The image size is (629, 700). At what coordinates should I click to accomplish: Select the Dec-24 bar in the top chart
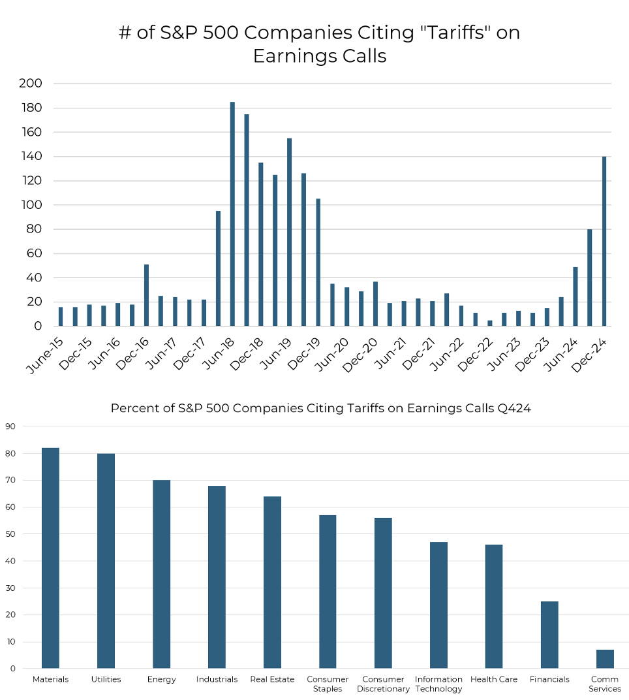604,241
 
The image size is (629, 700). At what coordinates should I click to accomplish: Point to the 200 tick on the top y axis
31,84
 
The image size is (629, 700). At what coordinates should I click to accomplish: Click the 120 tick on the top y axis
31,181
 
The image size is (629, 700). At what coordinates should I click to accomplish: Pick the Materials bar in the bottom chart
50,558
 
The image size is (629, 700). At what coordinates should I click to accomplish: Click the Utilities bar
106,561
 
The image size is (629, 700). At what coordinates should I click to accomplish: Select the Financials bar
549,635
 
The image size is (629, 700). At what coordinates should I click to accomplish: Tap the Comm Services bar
605,659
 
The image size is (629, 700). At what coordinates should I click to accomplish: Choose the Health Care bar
494,607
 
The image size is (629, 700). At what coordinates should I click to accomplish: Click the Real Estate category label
272,680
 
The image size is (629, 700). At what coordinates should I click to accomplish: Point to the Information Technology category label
438,684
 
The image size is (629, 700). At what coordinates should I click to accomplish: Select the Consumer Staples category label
328,684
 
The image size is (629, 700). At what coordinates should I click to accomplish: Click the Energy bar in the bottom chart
161,574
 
